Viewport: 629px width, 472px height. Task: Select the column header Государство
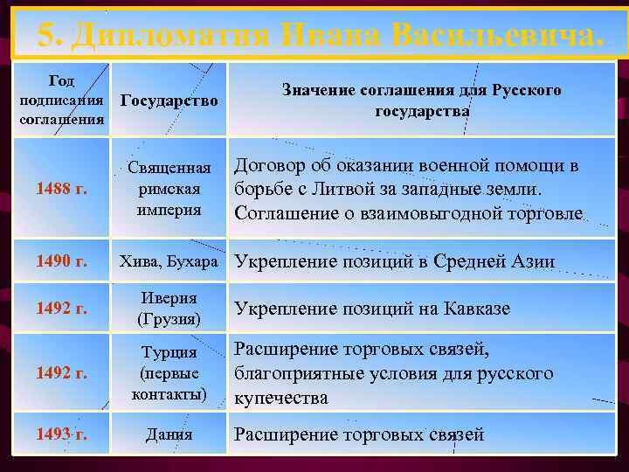click(x=169, y=102)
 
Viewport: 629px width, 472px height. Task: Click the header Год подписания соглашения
click(x=61, y=100)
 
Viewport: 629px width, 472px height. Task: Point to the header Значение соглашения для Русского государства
click(x=422, y=100)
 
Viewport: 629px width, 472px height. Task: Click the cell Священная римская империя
click(x=169, y=188)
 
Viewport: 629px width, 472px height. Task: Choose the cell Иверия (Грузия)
click(x=169, y=308)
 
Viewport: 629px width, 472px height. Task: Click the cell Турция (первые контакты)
click(x=169, y=373)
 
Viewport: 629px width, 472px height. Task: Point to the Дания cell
click(x=169, y=434)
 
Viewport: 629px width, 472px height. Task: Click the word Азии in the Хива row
click(x=532, y=261)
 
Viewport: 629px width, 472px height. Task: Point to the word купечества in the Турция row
click(x=280, y=398)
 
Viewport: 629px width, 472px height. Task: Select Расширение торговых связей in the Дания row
click(x=358, y=434)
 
